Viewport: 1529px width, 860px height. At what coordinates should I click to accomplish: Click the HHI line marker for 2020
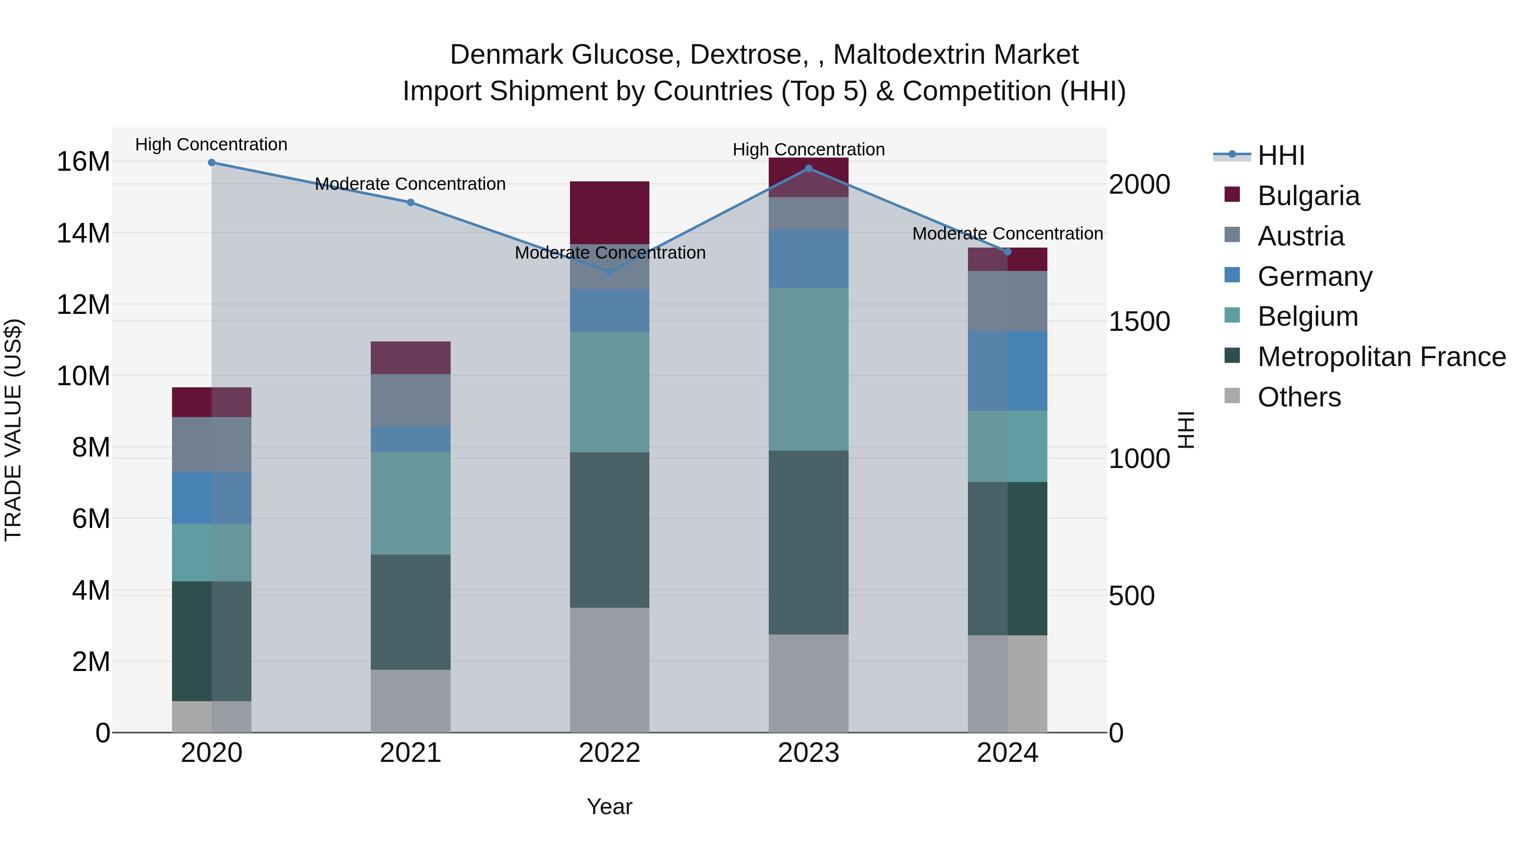pos(212,163)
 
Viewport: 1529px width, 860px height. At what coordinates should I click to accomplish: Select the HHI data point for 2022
pos(609,272)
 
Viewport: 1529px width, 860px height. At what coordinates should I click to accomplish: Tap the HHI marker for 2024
pos(1007,252)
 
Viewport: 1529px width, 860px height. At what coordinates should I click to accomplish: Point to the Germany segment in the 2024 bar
pos(1007,371)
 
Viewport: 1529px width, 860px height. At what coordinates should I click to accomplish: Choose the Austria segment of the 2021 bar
pos(410,400)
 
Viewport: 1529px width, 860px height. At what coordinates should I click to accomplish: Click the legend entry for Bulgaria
pos(1308,196)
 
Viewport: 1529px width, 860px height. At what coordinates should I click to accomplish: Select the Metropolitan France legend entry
pos(1381,357)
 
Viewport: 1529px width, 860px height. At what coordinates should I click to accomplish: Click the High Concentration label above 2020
pos(212,145)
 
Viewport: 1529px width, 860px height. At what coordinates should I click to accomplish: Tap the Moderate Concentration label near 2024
pos(1007,234)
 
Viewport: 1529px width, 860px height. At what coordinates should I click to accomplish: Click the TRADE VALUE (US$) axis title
pos(13,430)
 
